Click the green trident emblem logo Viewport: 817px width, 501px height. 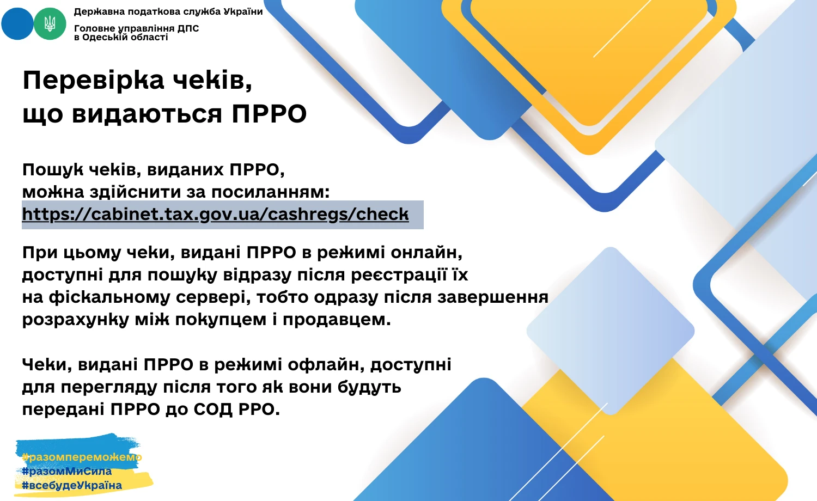click(x=50, y=23)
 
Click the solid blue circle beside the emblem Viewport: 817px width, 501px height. click(x=16, y=23)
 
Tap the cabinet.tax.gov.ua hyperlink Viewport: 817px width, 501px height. click(x=215, y=214)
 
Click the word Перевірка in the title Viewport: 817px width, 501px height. click(x=93, y=80)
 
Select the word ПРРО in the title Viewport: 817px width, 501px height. click(x=269, y=114)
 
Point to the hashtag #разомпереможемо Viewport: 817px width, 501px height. click(x=82, y=457)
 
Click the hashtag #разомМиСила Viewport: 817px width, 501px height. click(x=67, y=471)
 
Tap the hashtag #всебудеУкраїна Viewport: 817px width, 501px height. click(x=72, y=485)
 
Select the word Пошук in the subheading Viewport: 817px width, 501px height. click(x=53, y=170)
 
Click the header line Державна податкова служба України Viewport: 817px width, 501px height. click(x=168, y=11)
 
